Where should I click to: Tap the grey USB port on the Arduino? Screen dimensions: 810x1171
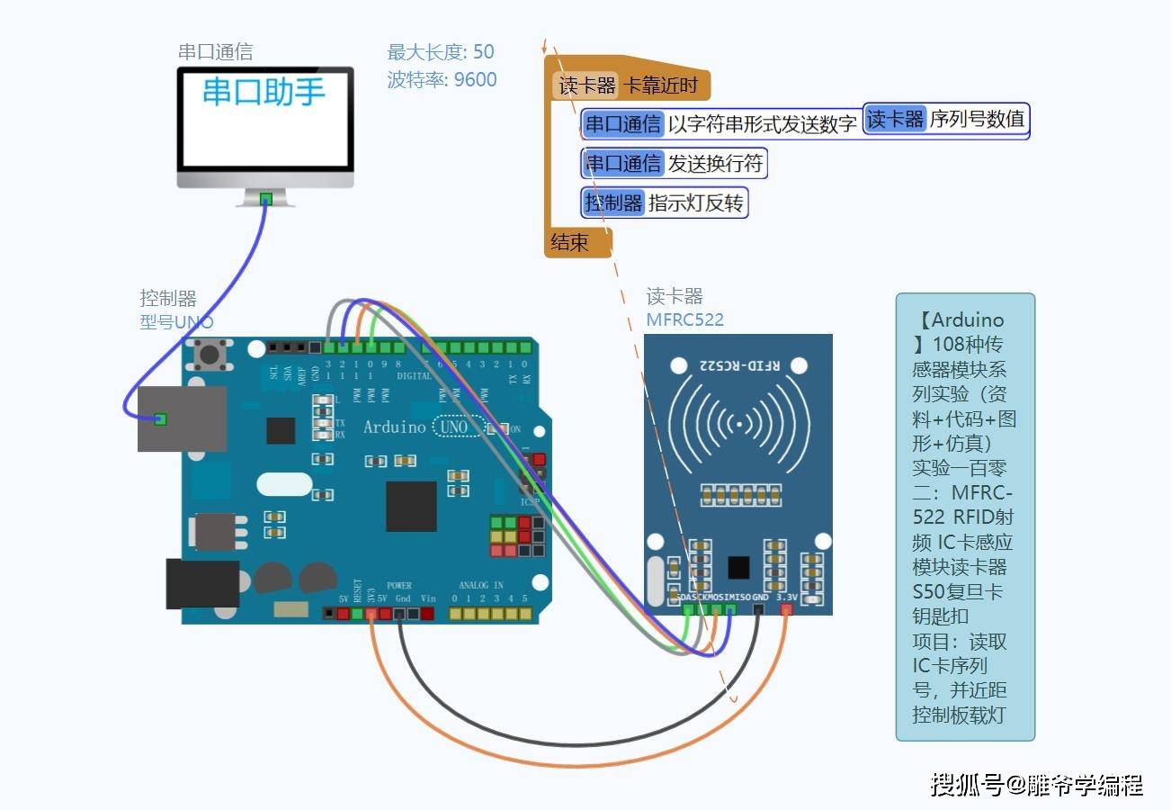click(182, 418)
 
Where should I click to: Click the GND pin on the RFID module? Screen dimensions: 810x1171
click(759, 609)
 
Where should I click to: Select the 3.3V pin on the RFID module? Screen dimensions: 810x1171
click(787, 609)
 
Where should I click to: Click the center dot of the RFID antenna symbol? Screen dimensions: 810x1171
click(739, 423)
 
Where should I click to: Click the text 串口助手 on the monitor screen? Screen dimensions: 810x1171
click(264, 92)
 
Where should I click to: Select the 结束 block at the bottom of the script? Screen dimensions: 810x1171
click(570, 242)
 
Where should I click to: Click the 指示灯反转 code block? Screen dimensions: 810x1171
click(665, 202)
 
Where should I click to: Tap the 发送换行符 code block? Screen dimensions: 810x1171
click(675, 163)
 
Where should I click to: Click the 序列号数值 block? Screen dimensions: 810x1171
click(945, 119)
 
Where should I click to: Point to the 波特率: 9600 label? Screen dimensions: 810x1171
click(442, 79)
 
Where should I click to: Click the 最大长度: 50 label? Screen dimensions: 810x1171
click(441, 52)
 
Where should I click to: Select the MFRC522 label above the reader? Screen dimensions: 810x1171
click(684, 319)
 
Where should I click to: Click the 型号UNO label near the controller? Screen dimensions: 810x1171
click(176, 321)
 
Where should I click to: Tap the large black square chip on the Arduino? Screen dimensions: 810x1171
click(411, 506)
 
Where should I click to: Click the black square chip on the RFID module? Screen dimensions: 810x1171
click(738, 567)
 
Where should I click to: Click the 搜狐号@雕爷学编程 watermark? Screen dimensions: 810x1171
click(1036, 785)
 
